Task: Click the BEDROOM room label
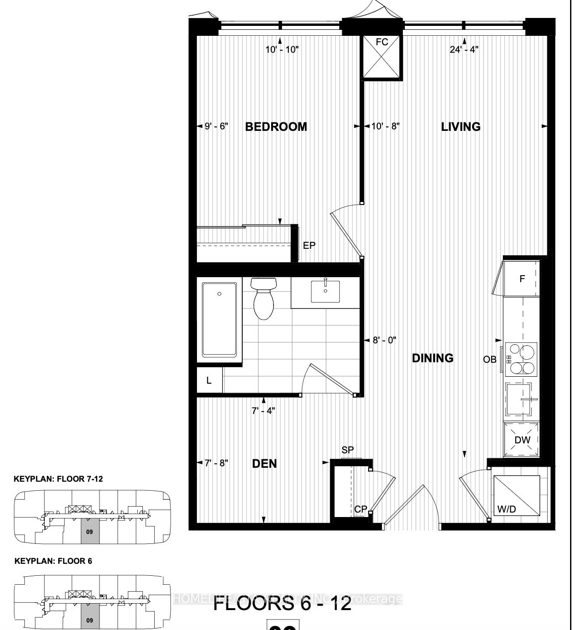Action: [x=276, y=126]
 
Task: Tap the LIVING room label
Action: [x=461, y=126]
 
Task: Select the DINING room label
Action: [x=433, y=358]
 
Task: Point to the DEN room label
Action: [x=265, y=463]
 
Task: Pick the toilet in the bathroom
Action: [x=263, y=298]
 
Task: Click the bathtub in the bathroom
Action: [x=219, y=323]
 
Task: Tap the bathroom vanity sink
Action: [x=325, y=291]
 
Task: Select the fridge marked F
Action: [x=522, y=279]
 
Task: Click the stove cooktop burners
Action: [x=521, y=359]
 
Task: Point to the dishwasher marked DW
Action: [x=522, y=439]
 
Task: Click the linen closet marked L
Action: [x=209, y=381]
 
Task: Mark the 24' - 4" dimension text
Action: [x=464, y=50]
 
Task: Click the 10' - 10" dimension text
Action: [x=282, y=50]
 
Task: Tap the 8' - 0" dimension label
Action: [x=384, y=340]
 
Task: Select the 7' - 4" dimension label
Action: [x=263, y=411]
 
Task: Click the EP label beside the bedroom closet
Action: [x=309, y=245]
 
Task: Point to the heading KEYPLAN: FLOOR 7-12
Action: [x=59, y=479]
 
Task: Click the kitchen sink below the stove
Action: [x=521, y=399]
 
